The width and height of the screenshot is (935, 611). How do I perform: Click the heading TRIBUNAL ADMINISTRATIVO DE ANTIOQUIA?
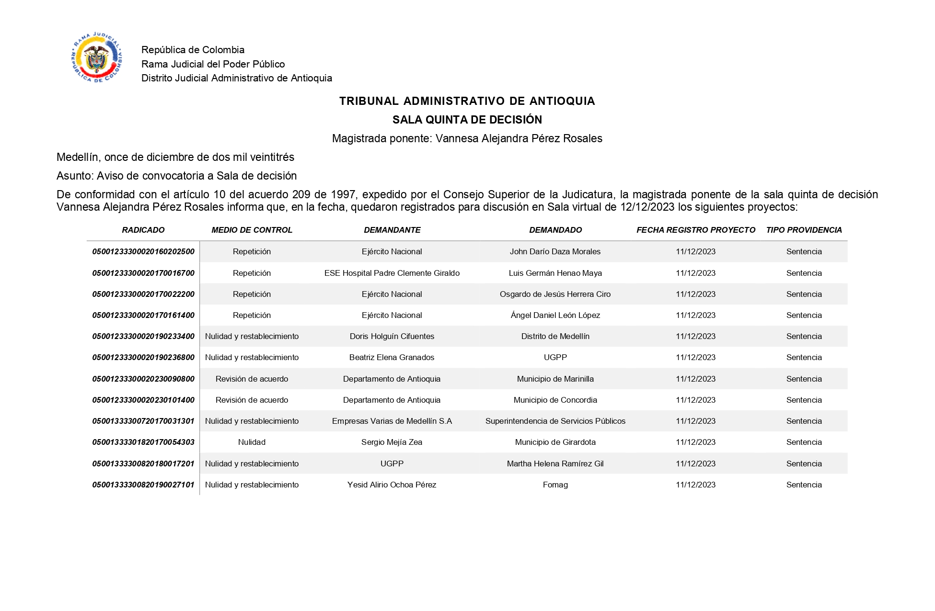[467, 101]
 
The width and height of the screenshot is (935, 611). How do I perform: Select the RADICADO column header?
[143, 230]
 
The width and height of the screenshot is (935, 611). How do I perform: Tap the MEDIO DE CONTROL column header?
[252, 230]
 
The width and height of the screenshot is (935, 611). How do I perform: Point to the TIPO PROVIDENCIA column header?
[804, 230]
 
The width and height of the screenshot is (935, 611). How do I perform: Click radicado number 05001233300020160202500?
[143, 252]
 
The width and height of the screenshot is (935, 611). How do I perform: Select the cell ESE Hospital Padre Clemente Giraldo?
[392, 273]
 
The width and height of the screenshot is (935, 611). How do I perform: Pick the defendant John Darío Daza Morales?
[555, 252]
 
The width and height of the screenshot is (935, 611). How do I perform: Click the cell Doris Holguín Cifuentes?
[392, 336]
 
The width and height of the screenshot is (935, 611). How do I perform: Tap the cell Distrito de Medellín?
[555, 336]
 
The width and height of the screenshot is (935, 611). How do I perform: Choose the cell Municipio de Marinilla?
[555, 379]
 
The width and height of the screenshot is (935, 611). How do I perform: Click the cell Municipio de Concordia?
[555, 400]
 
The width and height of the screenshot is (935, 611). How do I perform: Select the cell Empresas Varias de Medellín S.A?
[392, 421]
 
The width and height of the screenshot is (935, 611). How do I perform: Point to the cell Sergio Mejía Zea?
[392, 442]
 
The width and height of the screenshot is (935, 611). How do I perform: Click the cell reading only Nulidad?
[252, 442]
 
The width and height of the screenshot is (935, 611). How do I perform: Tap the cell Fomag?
[555, 485]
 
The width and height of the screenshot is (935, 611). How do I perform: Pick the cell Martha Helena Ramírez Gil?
[555, 464]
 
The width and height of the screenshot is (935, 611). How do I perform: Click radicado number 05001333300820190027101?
[143, 485]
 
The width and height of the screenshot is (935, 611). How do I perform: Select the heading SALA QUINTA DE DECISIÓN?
[467, 120]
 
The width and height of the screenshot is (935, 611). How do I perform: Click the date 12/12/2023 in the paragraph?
[647, 207]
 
